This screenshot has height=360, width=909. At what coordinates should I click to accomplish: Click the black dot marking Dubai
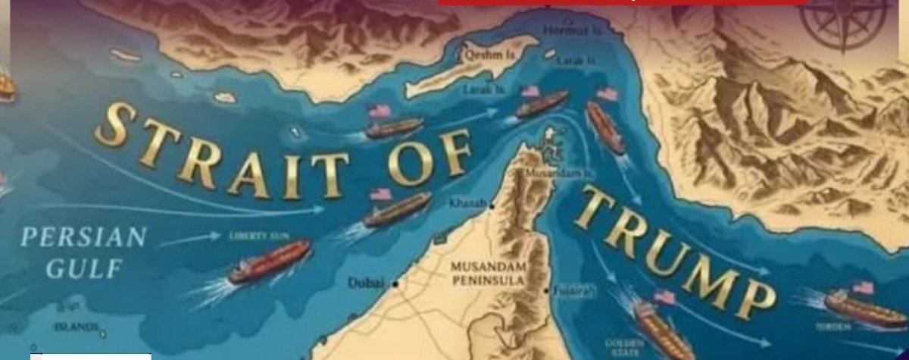(395, 283)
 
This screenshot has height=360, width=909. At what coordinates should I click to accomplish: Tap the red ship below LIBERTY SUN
(269, 261)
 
